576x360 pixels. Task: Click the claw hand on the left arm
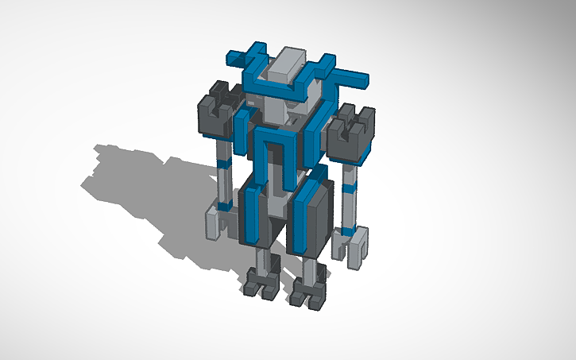click(x=215, y=223)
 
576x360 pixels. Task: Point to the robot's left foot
click(x=261, y=284)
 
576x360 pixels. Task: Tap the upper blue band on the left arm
click(x=225, y=164)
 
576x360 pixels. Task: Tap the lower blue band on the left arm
click(x=225, y=206)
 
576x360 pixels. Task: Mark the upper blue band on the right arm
click(x=350, y=190)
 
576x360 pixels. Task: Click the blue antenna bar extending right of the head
click(x=350, y=78)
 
